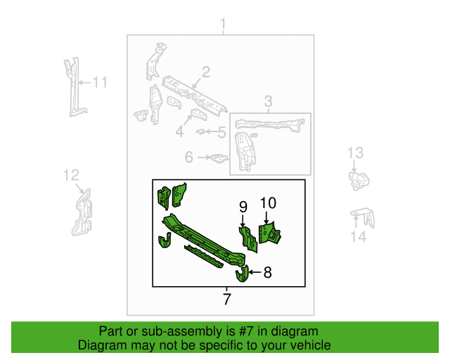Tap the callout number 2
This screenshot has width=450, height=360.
click(x=206, y=72)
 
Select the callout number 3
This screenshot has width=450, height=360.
click(x=268, y=101)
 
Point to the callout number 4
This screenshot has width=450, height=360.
click(x=180, y=131)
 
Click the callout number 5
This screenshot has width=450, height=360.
click(x=222, y=132)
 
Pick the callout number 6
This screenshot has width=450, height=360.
click(x=189, y=157)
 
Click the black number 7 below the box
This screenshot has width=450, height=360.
click(x=226, y=299)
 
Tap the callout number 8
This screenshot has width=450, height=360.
click(x=267, y=272)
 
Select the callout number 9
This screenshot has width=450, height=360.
click(x=243, y=207)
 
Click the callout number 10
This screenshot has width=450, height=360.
click(x=268, y=203)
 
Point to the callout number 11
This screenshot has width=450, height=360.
click(x=100, y=82)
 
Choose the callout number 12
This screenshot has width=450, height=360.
click(x=71, y=175)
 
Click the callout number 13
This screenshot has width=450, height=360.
click(x=355, y=153)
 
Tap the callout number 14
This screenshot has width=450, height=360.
click(x=359, y=237)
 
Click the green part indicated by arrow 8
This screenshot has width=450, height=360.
click(x=242, y=274)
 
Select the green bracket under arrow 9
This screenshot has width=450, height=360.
click(x=248, y=240)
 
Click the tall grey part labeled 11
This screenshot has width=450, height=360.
click(x=75, y=87)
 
